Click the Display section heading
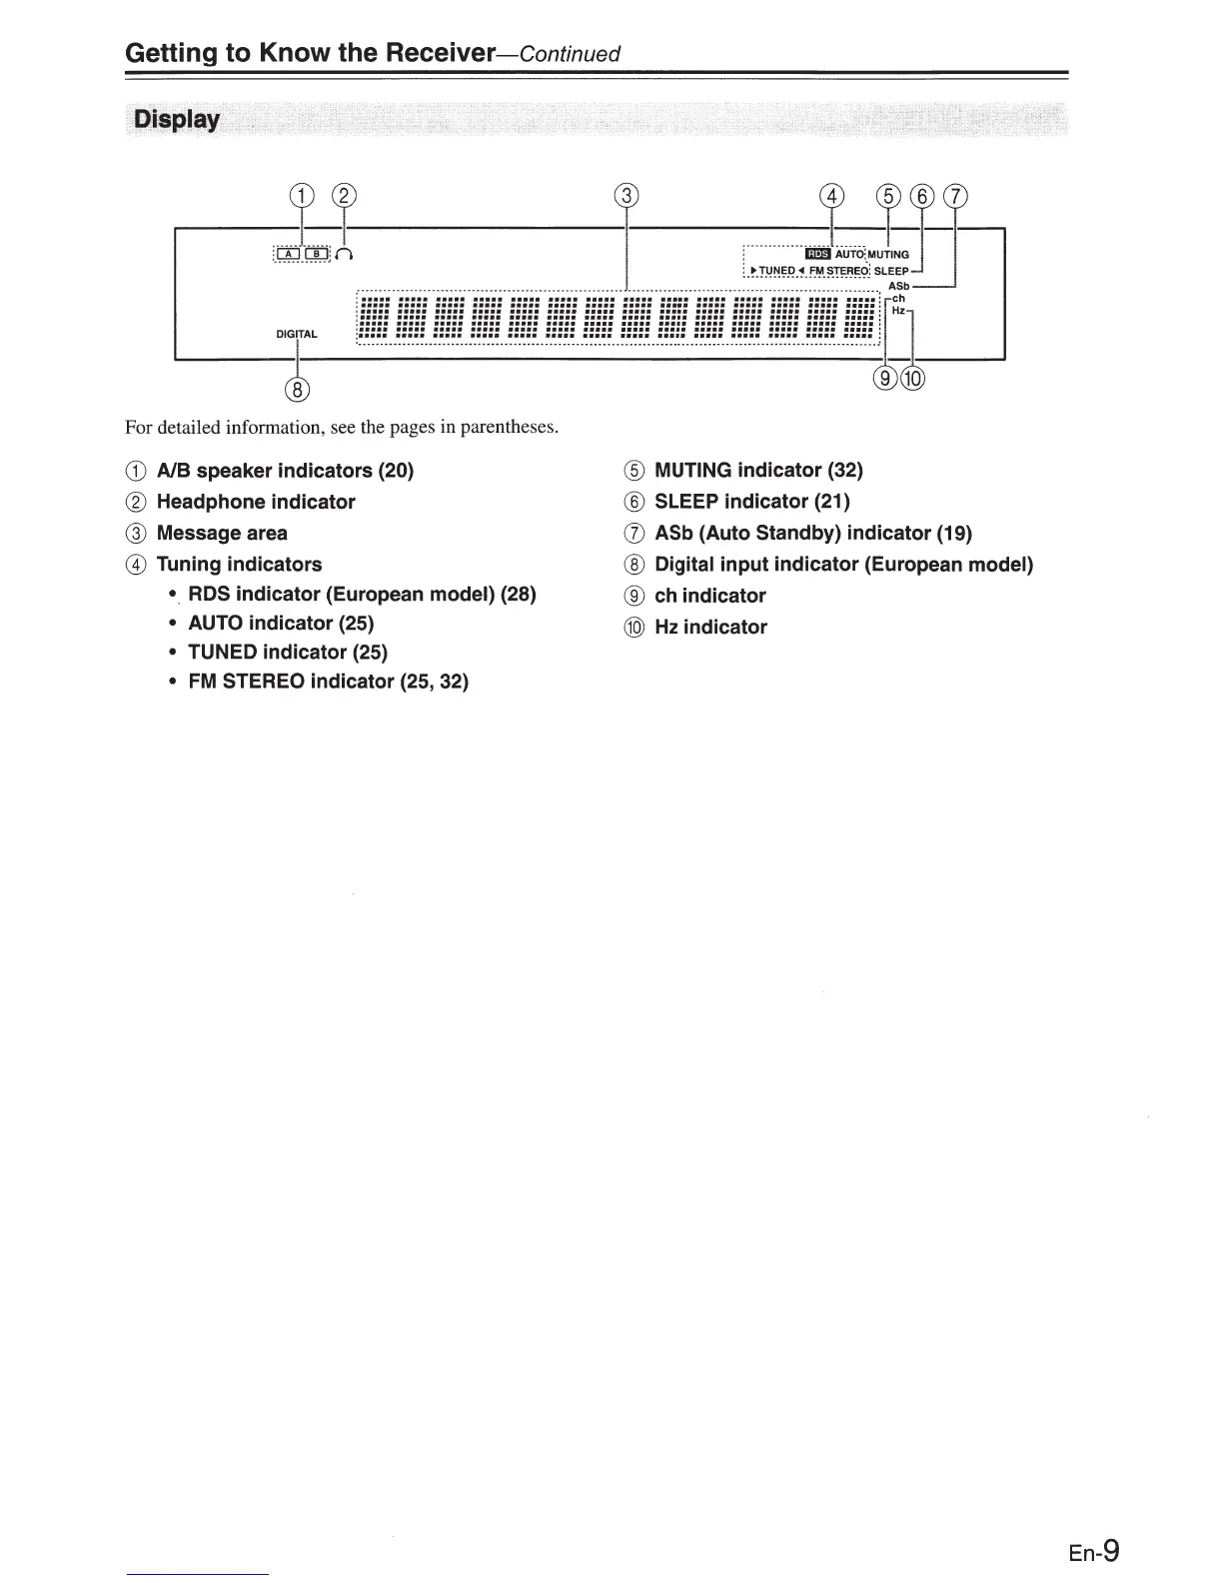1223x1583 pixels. (x=177, y=120)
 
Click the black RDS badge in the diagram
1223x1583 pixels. (x=816, y=254)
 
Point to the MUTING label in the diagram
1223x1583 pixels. (x=888, y=255)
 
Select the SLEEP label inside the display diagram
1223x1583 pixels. (x=891, y=271)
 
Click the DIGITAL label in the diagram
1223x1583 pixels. (x=297, y=334)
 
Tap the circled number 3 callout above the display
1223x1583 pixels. (x=625, y=196)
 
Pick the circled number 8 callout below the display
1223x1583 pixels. (x=297, y=388)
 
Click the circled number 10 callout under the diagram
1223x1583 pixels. (x=914, y=378)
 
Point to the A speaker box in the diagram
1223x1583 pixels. (x=288, y=254)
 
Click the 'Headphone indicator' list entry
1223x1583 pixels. (x=256, y=502)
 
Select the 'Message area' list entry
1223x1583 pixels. (x=222, y=533)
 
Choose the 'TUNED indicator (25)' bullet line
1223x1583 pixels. (x=288, y=652)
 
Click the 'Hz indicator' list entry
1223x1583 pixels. (x=710, y=627)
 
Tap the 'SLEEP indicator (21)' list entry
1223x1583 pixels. (x=751, y=501)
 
